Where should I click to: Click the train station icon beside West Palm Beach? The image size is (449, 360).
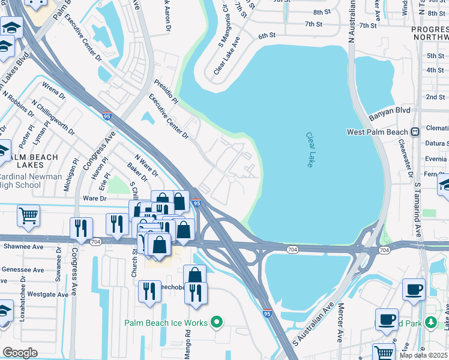point(415,131)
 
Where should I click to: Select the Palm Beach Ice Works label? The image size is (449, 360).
point(166,323)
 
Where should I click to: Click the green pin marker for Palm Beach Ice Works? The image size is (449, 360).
point(217,323)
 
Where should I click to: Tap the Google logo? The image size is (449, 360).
point(20,352)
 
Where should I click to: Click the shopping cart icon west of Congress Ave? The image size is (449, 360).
point(28,215)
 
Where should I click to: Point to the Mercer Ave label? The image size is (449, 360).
point(339,330)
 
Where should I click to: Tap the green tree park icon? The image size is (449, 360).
point(430,322)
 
